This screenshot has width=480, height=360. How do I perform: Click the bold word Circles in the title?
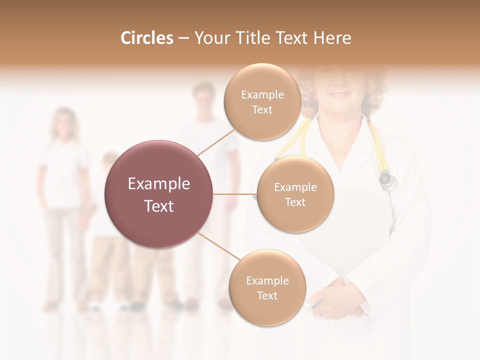click(146, 38)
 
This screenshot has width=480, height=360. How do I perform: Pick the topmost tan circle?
click(262, 101)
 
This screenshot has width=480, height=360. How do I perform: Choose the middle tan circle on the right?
click(295, 194)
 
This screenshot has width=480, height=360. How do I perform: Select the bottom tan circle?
click(267, 287)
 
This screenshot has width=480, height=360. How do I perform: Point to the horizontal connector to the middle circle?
click(235, 194)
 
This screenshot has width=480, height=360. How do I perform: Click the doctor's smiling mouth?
click(340, 94)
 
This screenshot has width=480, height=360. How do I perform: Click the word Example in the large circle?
click(159, 184)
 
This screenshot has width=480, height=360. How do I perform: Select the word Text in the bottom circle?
click(267, 295)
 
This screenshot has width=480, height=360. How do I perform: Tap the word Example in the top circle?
click(262, 94)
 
